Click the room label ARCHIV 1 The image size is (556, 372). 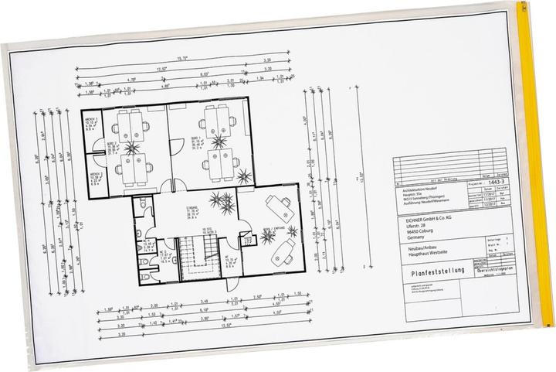pyautogui.click(x=90, y=121)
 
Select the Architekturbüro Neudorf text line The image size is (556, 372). pyautogui.click(x=421, y=189)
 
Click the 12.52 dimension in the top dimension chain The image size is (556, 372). pyautogui.click(x=162, y=69)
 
